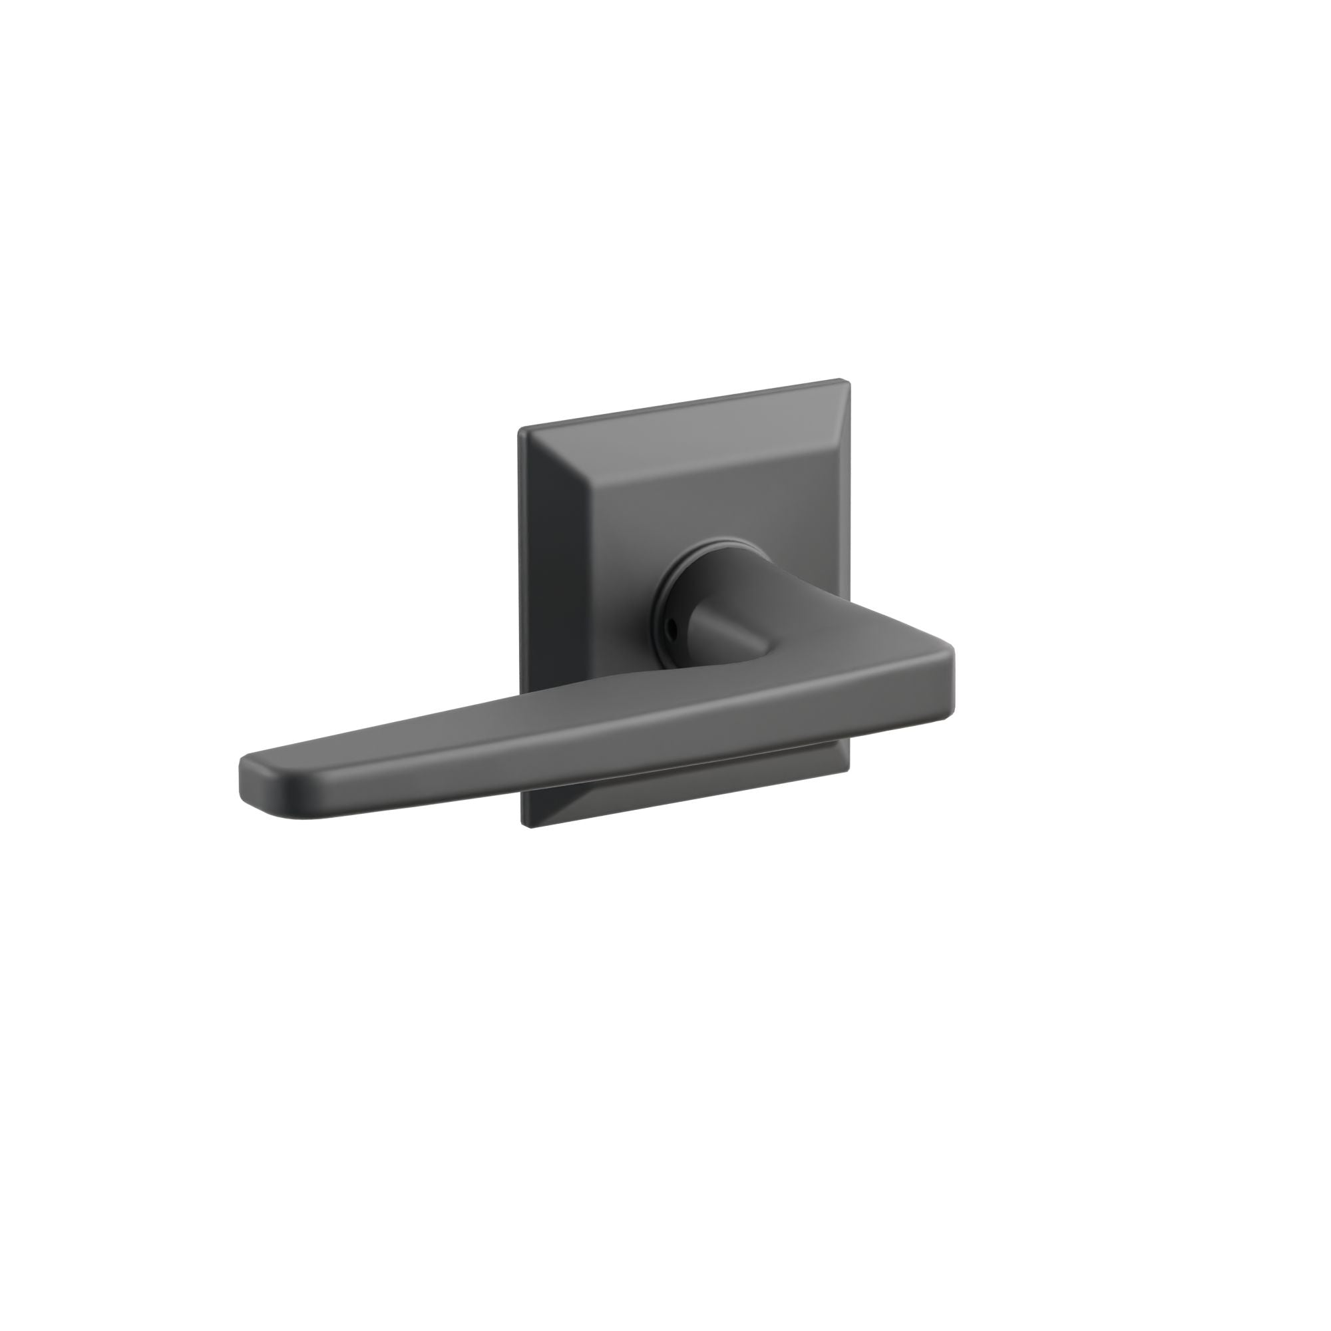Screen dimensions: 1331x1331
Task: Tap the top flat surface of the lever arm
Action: point(620,717)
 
